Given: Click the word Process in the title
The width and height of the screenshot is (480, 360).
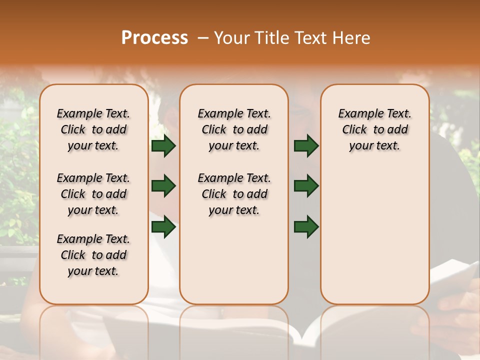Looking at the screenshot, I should click(154, 38).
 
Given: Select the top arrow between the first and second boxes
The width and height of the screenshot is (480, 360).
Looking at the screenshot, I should click(163, 145).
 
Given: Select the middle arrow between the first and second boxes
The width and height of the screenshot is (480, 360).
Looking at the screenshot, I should click(163, 186).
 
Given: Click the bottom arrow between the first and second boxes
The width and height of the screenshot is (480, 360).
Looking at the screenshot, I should click(163, 226).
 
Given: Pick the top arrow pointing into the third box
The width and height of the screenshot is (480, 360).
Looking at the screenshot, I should click(306, 145).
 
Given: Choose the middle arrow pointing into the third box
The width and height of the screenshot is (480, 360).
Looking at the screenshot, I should click(306, 186).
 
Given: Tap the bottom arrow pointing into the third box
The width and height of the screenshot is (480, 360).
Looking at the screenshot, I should click(306, 226).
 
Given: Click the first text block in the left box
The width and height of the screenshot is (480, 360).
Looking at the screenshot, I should click(93, 129).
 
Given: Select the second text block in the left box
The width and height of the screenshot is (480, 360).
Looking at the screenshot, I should click(93, 194).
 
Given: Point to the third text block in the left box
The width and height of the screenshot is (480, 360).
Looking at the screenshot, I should click(93, 255).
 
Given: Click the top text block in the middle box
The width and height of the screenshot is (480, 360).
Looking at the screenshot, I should click(234, 129).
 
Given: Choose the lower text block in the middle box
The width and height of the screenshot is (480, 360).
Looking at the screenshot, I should click(234, 194).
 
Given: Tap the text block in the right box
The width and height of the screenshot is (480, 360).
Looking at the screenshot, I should click(374, 129).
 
